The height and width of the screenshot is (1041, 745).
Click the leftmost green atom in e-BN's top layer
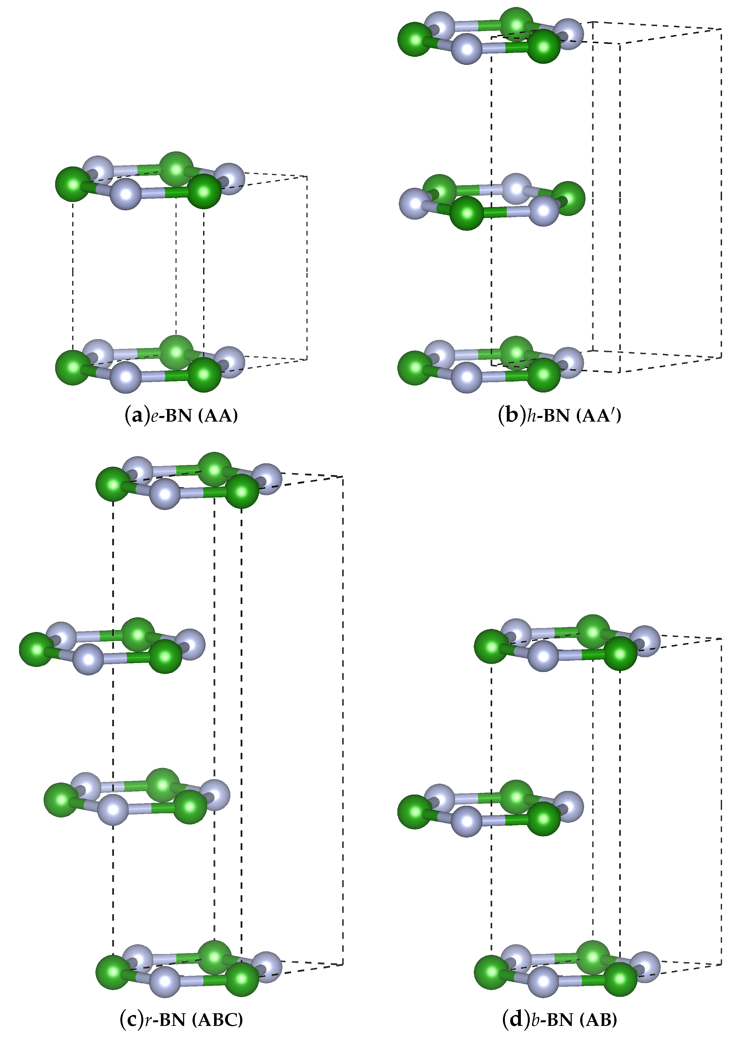pyautogui.click(x=72, y=184)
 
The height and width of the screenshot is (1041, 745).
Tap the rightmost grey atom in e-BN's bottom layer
pyautogui.click(x=229, y=362)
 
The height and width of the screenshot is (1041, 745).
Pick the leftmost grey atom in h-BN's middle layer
pyautogui.click(x=415, y=203)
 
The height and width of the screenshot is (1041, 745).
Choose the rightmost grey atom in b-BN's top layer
pyautogui.click(x=645, y=641)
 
